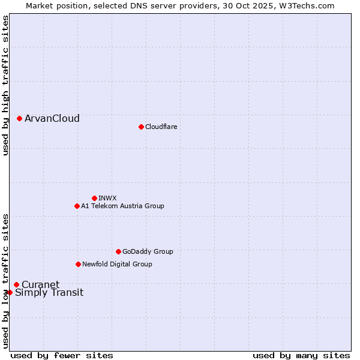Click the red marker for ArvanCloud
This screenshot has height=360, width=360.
click(20, 119)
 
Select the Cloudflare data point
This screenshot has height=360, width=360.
click(141, 127)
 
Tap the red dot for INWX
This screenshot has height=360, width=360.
click(94, 198)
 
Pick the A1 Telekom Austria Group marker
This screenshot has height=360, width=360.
click(77, 206)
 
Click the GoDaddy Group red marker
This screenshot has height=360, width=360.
click(118, 251)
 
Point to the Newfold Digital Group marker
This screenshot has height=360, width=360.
click(78, 264)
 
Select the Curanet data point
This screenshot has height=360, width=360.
click(16, 284)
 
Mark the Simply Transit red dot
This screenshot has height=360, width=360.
click(10, 292)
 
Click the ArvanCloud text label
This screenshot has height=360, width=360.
click(52, 119)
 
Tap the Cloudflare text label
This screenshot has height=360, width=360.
click(161, 127)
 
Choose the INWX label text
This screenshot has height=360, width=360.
click(107, 198)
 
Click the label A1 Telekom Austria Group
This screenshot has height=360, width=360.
click(122, 206)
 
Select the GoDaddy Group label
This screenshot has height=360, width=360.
click(148, 251)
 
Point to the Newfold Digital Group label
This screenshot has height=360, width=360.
click(117, 264)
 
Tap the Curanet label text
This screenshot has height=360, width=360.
click(41, 284)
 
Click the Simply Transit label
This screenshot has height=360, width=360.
click(49, 293)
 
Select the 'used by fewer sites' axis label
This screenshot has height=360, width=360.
click(62, 355)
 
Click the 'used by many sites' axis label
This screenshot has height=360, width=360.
click(301, 355)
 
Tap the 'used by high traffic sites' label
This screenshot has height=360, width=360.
click(5, 85)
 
